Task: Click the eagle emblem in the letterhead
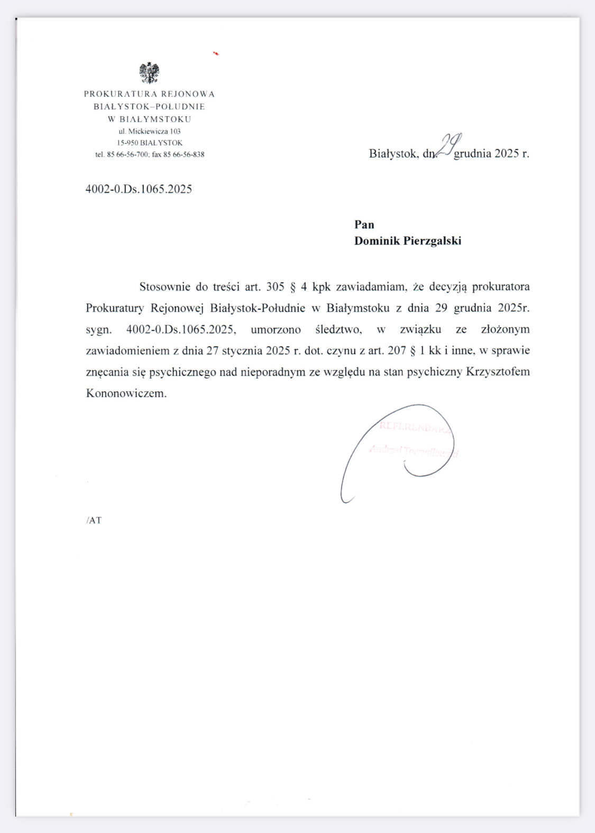coord(149,73)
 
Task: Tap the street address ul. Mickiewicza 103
coord(150,131)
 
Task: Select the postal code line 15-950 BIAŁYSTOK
coord(150,143)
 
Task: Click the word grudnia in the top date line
coord(472,153)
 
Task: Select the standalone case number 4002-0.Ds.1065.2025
coord(139,189)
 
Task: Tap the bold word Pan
coord(364,224)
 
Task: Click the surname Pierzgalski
coord(432,241)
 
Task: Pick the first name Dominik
coord(377,241)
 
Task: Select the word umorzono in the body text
coord(276,329)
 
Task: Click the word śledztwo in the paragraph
coord(338,329)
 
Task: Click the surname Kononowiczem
coord(126,393)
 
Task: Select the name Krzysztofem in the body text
coord(498,372)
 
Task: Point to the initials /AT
coord(94,520)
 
